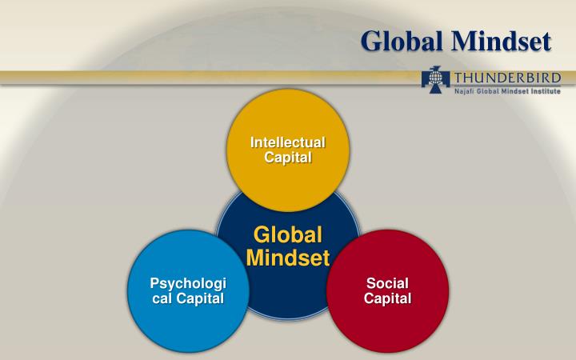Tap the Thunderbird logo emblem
point(435,81)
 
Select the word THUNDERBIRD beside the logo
point(506,78)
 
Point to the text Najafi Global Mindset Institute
point(507,91)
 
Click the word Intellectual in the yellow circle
point(287,142)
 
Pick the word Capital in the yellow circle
point(287,157)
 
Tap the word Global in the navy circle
point(288,235)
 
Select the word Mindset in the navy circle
point(288,258)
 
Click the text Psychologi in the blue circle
point(189,284)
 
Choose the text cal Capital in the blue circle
point(189,298)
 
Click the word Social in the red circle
point(387,284)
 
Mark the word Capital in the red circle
point(387,298)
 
